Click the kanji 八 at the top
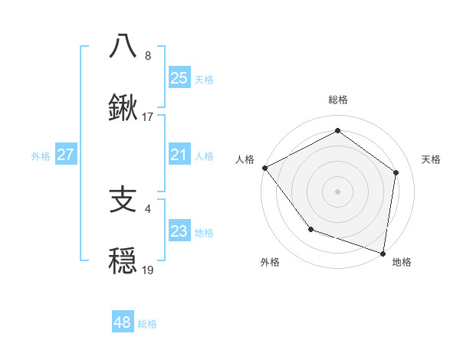pos(123,46)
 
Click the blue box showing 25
pos(179,77)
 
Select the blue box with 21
pos(179,155)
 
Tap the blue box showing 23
pos(179,231)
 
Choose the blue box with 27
pos(65,155)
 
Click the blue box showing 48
pos(122,322)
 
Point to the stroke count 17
pos(148,117)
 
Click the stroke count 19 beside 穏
pos(148,270)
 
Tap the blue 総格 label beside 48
pos(147,324)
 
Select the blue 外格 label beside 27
pos(41,156)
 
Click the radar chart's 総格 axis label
pos(337,100)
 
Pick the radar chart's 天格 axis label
pos(431,159)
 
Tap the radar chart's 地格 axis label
pos(402,262)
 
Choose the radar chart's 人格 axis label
pos(245,159)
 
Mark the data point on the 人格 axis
pos(264,168)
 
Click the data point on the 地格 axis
pos(383,253)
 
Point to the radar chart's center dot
pos(337,191)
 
